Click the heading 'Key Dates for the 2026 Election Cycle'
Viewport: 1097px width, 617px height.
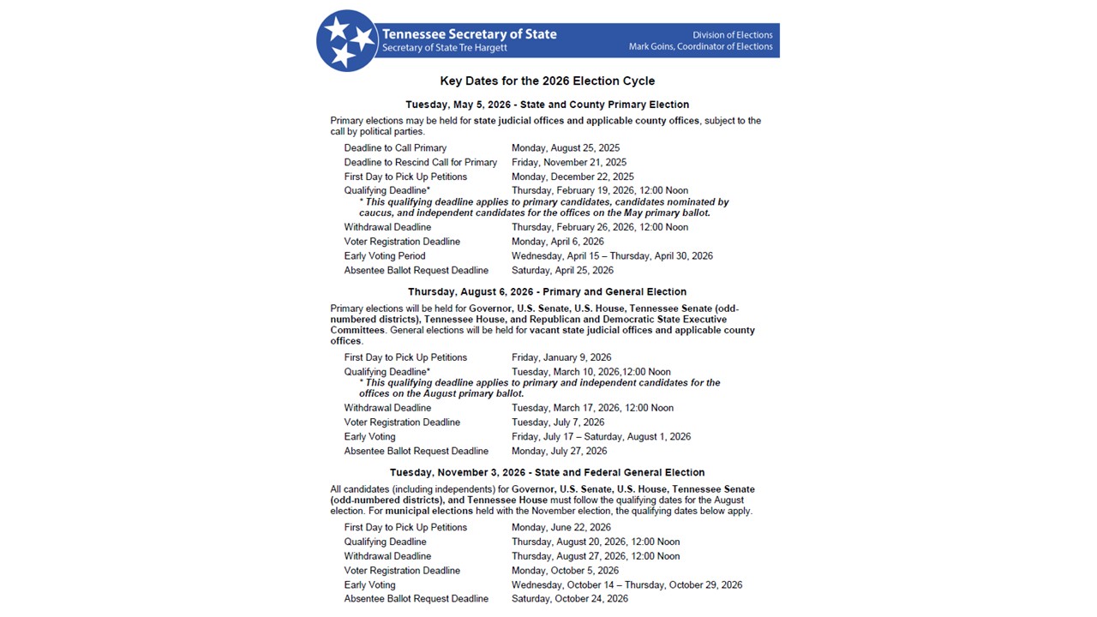(x=548, y=81)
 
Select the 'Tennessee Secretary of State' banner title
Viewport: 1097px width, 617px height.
(x=470, y=34)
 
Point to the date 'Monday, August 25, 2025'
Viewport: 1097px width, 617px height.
(x=566, y=148)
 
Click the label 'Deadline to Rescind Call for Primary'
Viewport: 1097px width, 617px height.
(x=421, y=163)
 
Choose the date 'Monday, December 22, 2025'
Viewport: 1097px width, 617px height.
(x=572, y=177)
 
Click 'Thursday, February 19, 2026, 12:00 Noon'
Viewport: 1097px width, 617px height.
(x=600, y=190)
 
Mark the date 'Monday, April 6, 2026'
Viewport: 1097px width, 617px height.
(x=558, y=242)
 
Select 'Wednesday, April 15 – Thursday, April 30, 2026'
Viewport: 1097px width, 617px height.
(x=612, y=256)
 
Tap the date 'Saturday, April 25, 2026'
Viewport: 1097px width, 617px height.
(x=562, y=271)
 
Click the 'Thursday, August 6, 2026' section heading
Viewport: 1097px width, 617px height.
(x=547, y=292)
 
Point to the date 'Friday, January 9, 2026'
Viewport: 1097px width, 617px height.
(x=561, y=357)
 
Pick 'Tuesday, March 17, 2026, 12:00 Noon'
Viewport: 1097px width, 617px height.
(x=592, y=408)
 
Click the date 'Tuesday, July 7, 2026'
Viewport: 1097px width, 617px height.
(x=558, y=422)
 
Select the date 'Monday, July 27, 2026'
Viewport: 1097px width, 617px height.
(x=559, y=452)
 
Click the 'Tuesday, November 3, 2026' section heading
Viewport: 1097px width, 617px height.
(x=547, y=473)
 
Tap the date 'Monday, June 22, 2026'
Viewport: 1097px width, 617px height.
(x=561, y=528)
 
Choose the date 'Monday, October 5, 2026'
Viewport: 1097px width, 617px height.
(x=565, y=571)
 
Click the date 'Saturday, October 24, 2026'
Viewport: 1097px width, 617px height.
(x=570, y=599)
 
